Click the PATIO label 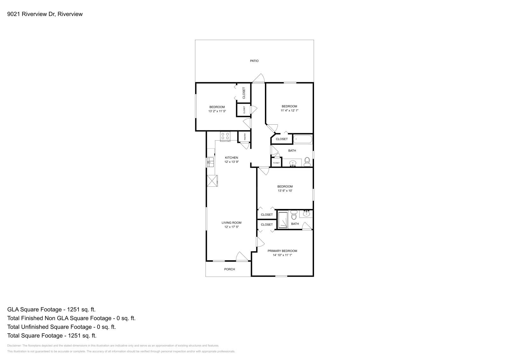[x=254, y=61]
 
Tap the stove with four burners [x=225, y=136]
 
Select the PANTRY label [x=245, y=136]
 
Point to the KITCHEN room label [x=231, y=158]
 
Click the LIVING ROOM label [x=231, y=223]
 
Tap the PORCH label [x=229, y=269]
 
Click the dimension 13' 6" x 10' [x=285, y=191]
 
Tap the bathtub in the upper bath [x=303, y=139]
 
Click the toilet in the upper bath [x=307, y=162]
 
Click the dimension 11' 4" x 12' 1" [x=289, y=111]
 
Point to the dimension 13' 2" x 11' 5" [x=217, y=111]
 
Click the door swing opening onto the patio [x=259, y=78]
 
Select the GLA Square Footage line [x=51, y=309]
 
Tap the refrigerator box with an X [x=212, y=181]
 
